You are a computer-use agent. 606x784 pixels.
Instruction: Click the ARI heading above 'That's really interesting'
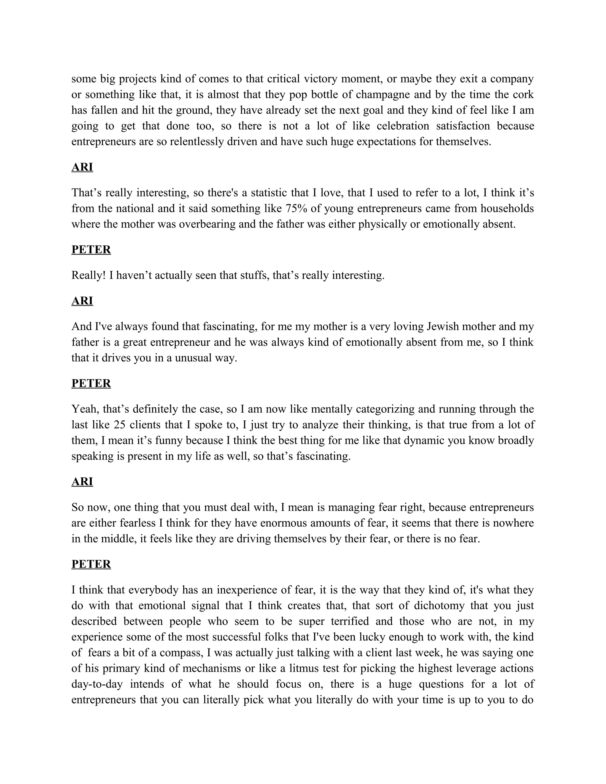coord(82,167)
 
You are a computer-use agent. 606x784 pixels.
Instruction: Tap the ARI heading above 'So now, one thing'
coord(82,482)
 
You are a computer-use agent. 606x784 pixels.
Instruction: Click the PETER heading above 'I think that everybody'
coord(91,564)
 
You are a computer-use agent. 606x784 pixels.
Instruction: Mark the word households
coord(507,209)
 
